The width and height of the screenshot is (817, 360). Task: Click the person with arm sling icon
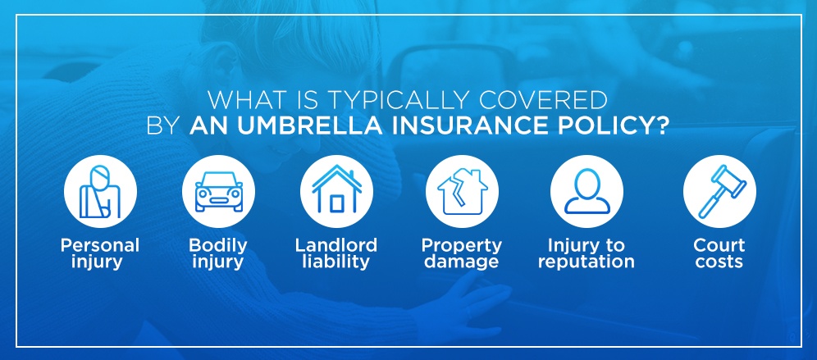point(101,192)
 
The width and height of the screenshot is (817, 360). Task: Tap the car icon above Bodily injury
point(219,192)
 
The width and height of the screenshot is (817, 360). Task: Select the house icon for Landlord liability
point(336,189)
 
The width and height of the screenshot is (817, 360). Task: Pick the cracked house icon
point(462,192)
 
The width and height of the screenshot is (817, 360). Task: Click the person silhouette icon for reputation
point(587,191)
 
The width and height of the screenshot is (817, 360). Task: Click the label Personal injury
point(100,253)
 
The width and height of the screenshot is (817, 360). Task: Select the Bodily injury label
point(218,253)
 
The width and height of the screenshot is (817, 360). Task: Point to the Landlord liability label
point(336,253)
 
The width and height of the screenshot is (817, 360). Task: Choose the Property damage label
point(462,253)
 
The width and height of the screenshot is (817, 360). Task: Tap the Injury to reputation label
point(587,253)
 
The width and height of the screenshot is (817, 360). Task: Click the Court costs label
point(719,253)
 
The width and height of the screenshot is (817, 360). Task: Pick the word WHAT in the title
point(241,99)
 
